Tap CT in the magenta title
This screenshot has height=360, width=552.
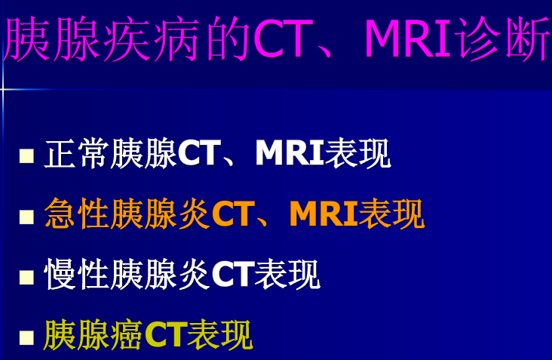(x=279, y=40)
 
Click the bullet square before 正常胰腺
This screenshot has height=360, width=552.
(x=27, y=156)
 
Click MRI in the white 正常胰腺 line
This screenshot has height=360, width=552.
(x=289, y=155)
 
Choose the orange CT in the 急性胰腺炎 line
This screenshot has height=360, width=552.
(x=230, y=215)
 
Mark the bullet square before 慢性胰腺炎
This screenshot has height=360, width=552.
(x=27, y=277)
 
